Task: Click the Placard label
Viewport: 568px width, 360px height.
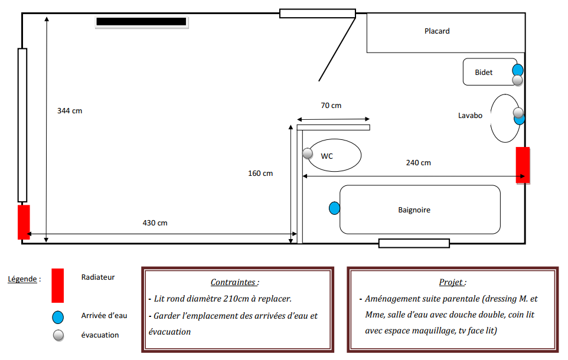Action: [437, 31]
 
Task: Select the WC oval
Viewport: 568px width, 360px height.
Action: [334, 156]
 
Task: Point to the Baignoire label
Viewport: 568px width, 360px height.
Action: [414, 210]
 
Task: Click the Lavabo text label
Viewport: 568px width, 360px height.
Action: [470, 116]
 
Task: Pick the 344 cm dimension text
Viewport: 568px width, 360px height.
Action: [70, 111]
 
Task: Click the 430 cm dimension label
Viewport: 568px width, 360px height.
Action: [155, 223]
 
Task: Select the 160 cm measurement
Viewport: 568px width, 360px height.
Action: [260, 174]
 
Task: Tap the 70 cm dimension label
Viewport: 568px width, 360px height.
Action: [331, 106]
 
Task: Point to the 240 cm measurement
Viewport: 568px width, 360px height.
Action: [418, 163]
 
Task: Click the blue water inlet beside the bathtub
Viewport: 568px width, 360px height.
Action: [334, 208]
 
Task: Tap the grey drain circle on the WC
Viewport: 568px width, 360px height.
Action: [308, 153]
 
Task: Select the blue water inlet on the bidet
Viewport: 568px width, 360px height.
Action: [518, 70]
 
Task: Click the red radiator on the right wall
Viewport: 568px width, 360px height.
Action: [523, 165]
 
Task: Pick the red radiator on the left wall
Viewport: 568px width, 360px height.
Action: [24, 222]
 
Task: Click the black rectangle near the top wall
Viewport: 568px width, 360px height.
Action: [142, 22]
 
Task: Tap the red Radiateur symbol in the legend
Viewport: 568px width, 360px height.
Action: [57, 285]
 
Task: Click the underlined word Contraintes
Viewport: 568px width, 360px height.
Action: [234, 283]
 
